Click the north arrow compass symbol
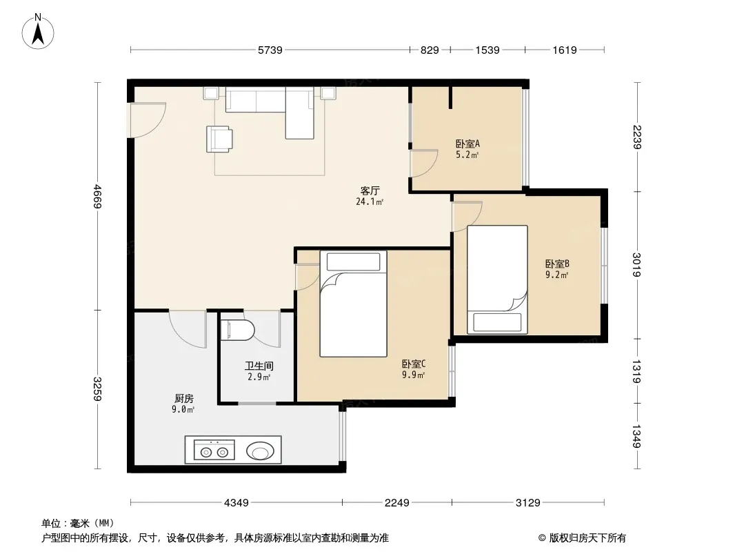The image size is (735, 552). [38, 32]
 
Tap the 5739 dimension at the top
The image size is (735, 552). [270, 50]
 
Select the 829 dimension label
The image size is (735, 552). [430, 50]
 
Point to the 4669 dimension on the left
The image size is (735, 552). [97, 196]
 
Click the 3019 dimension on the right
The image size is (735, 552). [636, 265]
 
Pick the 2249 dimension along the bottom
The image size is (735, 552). [397, 503]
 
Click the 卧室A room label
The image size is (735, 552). [467, 144]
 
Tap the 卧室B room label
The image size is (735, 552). [557, 264]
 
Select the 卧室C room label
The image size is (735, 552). [414, 364]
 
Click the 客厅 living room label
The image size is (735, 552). [370, 190]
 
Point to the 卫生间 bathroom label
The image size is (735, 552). [259, 366]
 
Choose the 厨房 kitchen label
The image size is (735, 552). [183, 399]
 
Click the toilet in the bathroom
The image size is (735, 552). [237, 330]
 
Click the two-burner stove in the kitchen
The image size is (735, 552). [214, 450]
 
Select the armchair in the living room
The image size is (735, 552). [219, 139]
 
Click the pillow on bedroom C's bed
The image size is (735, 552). [354, 262]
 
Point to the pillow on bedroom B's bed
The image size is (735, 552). [497, 322]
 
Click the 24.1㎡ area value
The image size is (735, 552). [370, 202]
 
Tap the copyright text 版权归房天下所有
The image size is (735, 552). [587, 538]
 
